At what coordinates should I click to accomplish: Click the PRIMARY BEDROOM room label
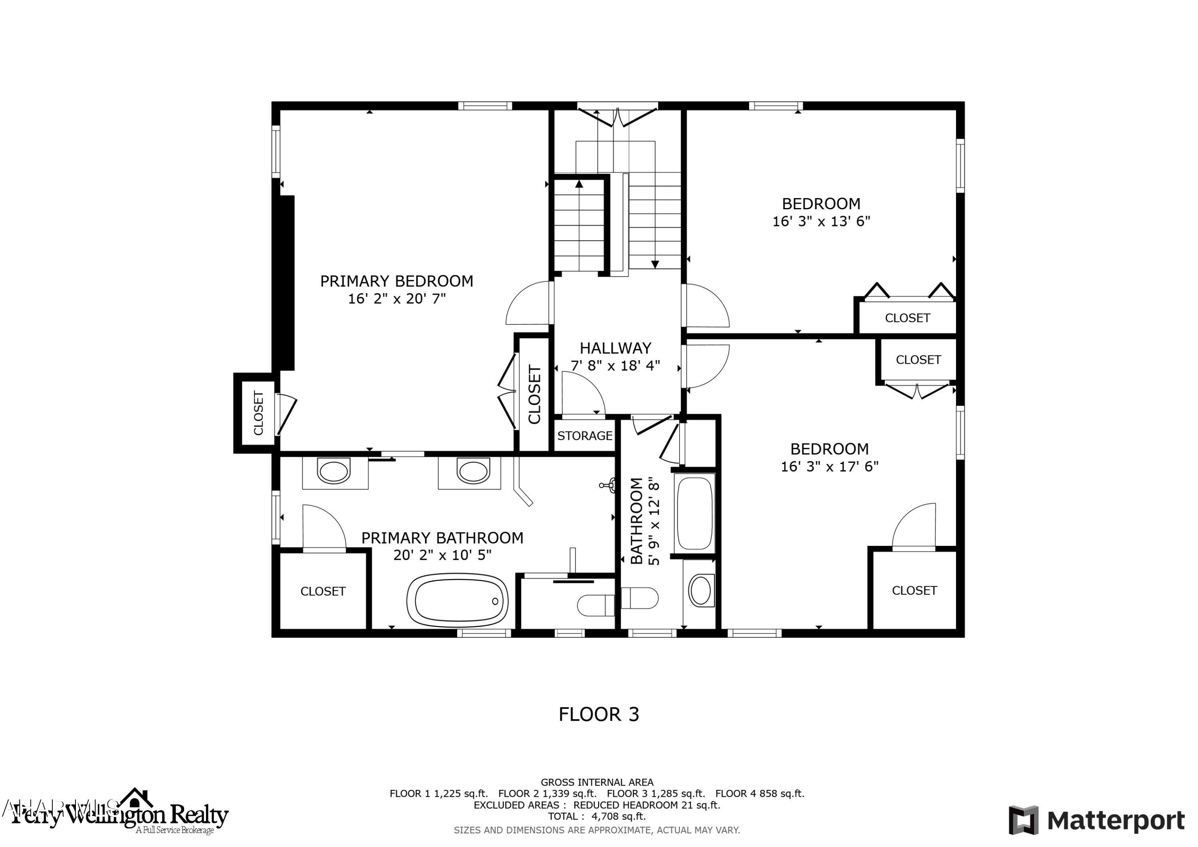point(397,281)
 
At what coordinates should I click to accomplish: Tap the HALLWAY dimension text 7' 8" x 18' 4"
point(616,365)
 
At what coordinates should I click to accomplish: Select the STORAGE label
point(584,436)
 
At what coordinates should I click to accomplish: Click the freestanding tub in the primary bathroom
point(457,601)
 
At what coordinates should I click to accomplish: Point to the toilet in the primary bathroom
point(595,605)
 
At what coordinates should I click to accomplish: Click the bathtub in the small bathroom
point(694,513)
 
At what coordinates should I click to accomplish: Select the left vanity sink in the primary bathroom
point(333,472)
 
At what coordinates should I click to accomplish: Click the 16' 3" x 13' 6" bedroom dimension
point(821,221)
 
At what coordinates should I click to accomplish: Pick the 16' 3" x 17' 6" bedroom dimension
point(829,466)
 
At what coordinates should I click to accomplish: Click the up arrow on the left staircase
point(579,184)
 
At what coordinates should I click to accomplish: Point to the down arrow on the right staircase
point(655,265)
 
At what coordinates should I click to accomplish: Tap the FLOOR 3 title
point(599,714)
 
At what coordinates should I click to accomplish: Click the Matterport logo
point(1096,820)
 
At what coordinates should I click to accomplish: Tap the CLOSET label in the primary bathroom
point(323,591)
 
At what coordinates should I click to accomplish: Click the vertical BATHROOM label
point(637,521)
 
